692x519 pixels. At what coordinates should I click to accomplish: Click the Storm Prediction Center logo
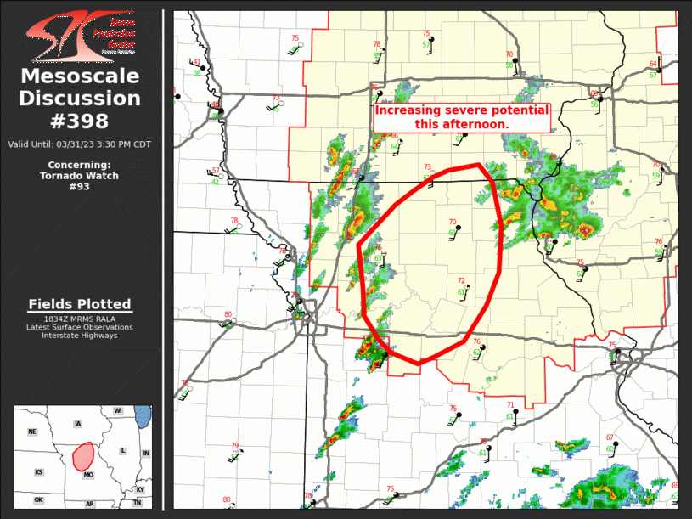81,35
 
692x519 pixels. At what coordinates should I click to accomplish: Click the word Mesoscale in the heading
80,77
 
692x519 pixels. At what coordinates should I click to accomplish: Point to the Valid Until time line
80,144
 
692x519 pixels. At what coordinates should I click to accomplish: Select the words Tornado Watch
80,176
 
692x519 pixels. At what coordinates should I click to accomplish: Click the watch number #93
80,187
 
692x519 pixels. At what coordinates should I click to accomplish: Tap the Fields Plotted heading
80,304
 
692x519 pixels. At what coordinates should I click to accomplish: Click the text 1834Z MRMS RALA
80,319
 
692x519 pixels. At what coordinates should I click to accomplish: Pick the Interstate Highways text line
80,336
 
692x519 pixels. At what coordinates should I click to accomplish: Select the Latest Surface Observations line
80,327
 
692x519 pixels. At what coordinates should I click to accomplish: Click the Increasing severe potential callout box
462,117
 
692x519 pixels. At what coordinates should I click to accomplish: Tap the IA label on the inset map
78,424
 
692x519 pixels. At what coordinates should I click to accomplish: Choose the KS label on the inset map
38,472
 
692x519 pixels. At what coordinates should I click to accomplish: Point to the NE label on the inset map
32,432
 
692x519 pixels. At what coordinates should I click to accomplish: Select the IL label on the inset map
122,451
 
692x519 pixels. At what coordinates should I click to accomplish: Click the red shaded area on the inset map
83,456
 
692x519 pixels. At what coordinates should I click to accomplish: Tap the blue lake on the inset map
143,416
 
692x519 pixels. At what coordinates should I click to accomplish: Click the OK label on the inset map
38,500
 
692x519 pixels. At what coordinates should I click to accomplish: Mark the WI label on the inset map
118,411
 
